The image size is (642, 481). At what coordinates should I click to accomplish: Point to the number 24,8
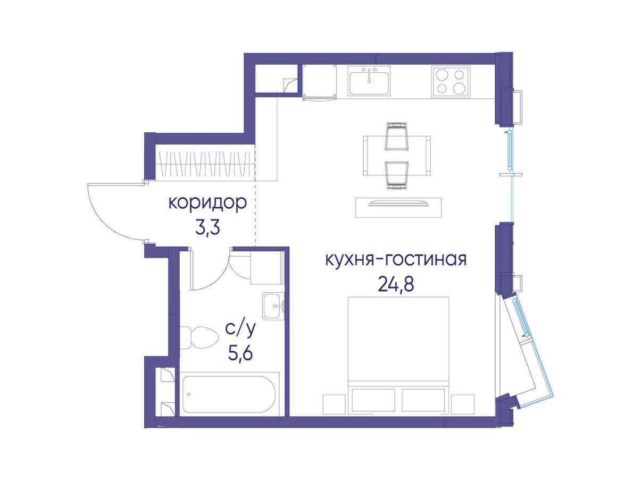coord(396,284)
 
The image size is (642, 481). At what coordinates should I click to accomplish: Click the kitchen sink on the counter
coord(369,81)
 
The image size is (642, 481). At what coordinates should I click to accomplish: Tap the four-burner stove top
coord(451,81)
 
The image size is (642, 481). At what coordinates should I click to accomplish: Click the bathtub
coord(229,394)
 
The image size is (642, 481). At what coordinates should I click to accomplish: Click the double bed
coord(398,356)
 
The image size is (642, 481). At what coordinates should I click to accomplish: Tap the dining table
coord(397,156)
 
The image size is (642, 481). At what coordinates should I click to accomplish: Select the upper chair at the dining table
coord(397,137)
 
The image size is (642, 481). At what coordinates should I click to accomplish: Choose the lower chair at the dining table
coord(397,175)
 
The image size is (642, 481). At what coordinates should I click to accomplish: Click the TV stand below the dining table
coord(398,207)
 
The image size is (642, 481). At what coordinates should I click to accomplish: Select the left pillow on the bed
coord(373,400)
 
